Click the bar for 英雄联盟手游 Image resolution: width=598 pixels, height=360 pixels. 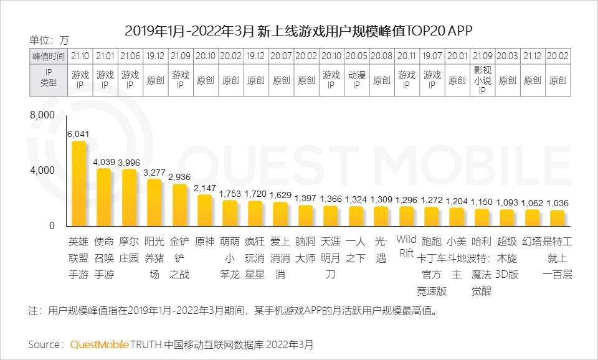coord(79,184)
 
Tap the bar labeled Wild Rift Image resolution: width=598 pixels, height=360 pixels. coord(406,216)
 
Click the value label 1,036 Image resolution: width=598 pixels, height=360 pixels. coord(558,203)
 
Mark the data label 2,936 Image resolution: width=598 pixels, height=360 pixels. coord(179,177)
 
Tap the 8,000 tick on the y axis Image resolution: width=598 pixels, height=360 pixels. coord(43,115)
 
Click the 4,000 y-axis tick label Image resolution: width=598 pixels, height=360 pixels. coord(43,171)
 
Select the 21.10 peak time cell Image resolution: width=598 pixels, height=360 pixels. coord(79,55)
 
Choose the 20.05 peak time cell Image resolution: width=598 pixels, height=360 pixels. coord(356,55)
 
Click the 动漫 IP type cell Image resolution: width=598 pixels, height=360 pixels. coord(356,80)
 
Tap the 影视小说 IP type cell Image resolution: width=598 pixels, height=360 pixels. coord(482,80)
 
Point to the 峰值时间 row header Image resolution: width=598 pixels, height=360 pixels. coord(48,55)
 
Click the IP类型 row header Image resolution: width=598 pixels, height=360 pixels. coord(48,80)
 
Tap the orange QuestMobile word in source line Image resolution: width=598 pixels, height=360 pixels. coord(100,344)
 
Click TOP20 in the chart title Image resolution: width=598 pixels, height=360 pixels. coord(425,30)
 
